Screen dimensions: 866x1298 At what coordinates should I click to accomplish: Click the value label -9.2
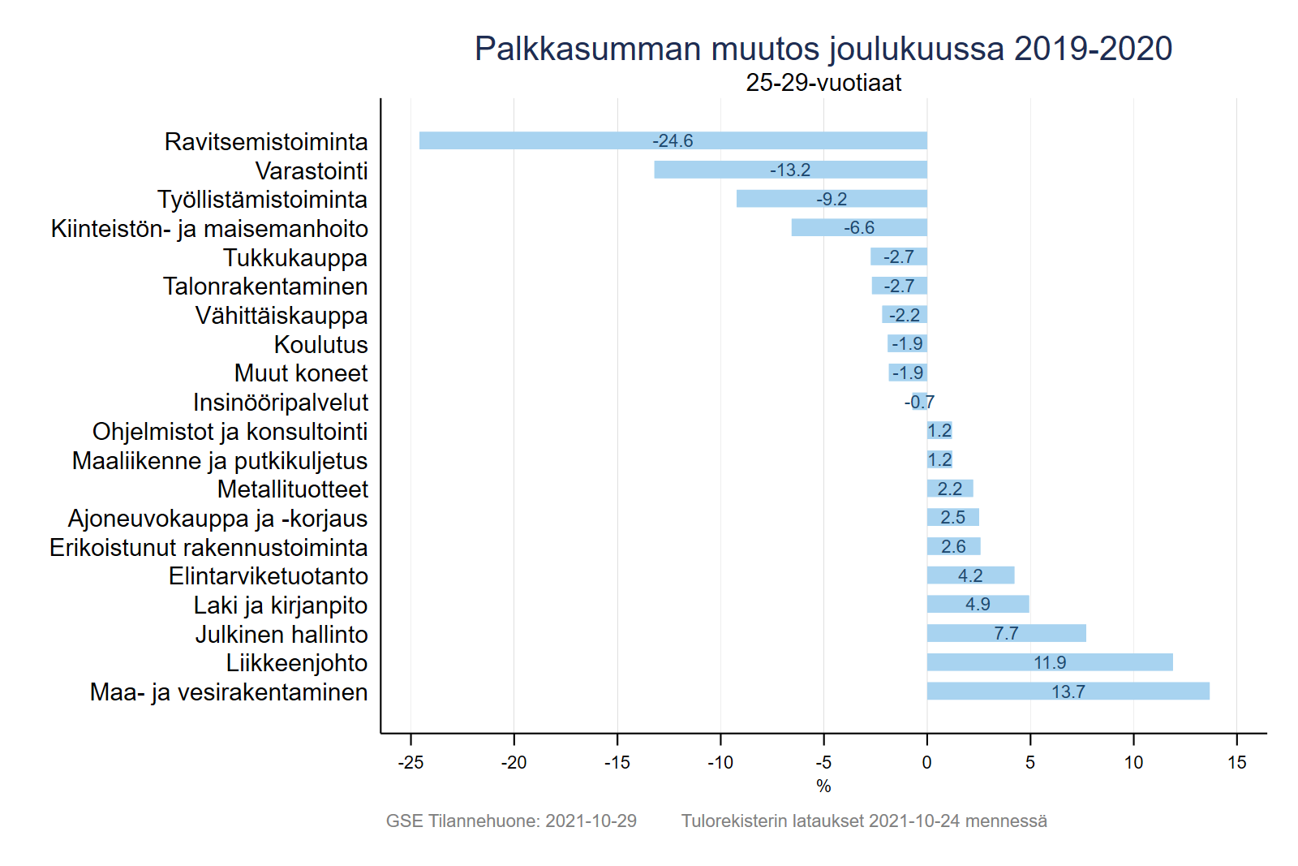[x=832, y=200]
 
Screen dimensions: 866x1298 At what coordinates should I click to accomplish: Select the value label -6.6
[x=859, y=228]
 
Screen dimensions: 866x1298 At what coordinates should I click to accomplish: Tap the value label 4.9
[x=978, y=605]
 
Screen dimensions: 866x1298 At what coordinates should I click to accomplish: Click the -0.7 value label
[x=919, y=403]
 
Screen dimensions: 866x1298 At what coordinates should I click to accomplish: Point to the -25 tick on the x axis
[x=410, y=763]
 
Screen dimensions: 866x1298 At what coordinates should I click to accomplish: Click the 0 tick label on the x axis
[x=926, y=763]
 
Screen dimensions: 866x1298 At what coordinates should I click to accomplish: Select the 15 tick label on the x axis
[x=1236, y=763]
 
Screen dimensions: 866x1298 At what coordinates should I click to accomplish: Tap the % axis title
[x=823, y=786]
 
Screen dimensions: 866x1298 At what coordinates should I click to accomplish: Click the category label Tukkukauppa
[x=295, y=258]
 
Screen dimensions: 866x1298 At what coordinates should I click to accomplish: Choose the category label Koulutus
[x=320, y=345]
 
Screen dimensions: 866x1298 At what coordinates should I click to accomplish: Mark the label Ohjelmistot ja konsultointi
[x=230, y=432]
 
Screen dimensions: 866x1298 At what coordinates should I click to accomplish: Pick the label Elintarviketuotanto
[x=268, y=576]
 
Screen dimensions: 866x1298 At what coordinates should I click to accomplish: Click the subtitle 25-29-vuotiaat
[x=823, y=83]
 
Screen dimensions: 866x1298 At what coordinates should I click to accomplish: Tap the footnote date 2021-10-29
[x=591, y=821]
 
